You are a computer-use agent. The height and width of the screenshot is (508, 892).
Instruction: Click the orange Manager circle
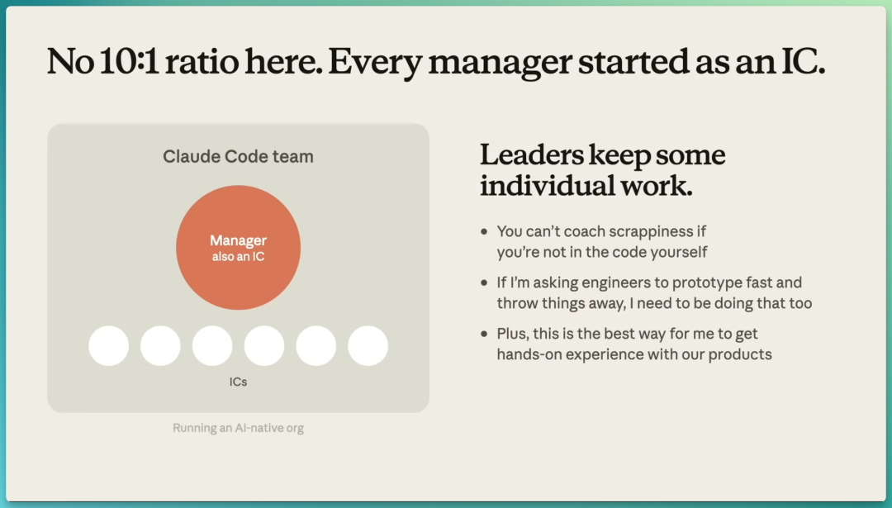pyautogui.click(x=239, y=248)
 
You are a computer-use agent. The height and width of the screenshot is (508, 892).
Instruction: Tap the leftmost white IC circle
pyautogui.click(x=109, y=346)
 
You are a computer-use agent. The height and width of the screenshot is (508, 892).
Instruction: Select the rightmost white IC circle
pyautogui.click(x=368, y=346)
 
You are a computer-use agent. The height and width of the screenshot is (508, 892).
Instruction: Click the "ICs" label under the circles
pyautogui.click(x=239, y=382)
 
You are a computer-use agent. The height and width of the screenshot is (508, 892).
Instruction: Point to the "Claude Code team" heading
pyautogui.click(x=239, y=156)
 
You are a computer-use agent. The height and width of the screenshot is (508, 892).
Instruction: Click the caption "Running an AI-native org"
pyautogui.click(x=239, y=428)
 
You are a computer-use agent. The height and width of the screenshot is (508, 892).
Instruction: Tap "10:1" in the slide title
pyautogui.click(x=129, y=61)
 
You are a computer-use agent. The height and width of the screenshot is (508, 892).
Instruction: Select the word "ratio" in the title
pyautogui.click(x=202, y=62)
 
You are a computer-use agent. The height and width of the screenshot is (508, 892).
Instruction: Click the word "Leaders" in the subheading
pyautogui.click(x=532, y=154)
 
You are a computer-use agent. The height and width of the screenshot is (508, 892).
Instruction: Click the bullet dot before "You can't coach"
pyautogui.click(x=484, y=231)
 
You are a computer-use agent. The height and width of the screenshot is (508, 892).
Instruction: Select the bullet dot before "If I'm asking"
pyautogui.click(x=484, y=282)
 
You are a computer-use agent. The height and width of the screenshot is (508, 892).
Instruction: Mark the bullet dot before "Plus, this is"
pyautogui.click(x=484, y=334)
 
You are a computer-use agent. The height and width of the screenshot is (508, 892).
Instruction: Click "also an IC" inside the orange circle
pyautogui.click(x=239, y=257)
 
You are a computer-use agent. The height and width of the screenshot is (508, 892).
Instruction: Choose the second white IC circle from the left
pyautogui.click(x=160, y=346)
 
